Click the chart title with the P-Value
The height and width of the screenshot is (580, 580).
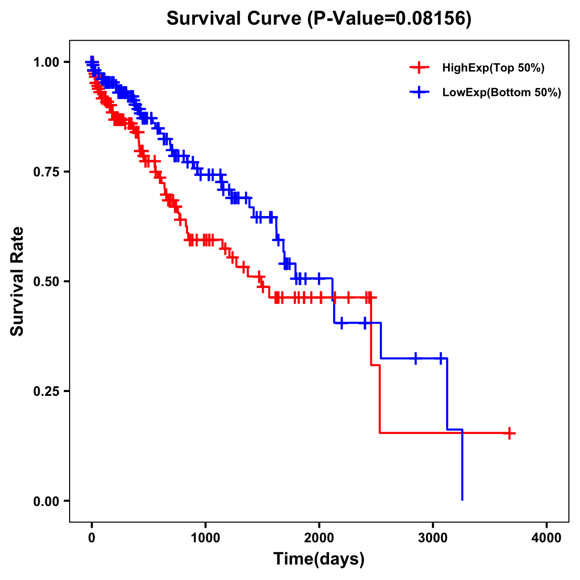tap(319, 18)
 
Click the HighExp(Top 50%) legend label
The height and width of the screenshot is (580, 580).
tap(493, 68)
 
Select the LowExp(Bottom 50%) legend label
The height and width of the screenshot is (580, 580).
tap(501, 92)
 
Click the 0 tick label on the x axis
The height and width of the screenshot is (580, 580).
tap(92, 538)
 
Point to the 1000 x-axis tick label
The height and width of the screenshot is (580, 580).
tap(205, 538)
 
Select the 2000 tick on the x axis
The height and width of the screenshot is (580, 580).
tap(319, 538)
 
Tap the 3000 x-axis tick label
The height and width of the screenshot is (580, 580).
tap(433, 538)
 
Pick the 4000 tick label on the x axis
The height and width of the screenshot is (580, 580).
tap(547, 538)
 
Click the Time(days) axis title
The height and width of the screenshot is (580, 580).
tap(319, 559)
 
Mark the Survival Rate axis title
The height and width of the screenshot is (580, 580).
tap(17, 281)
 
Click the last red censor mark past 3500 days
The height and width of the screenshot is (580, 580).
tap(509, 433)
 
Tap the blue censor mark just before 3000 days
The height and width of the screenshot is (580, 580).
tap(416, 358)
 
